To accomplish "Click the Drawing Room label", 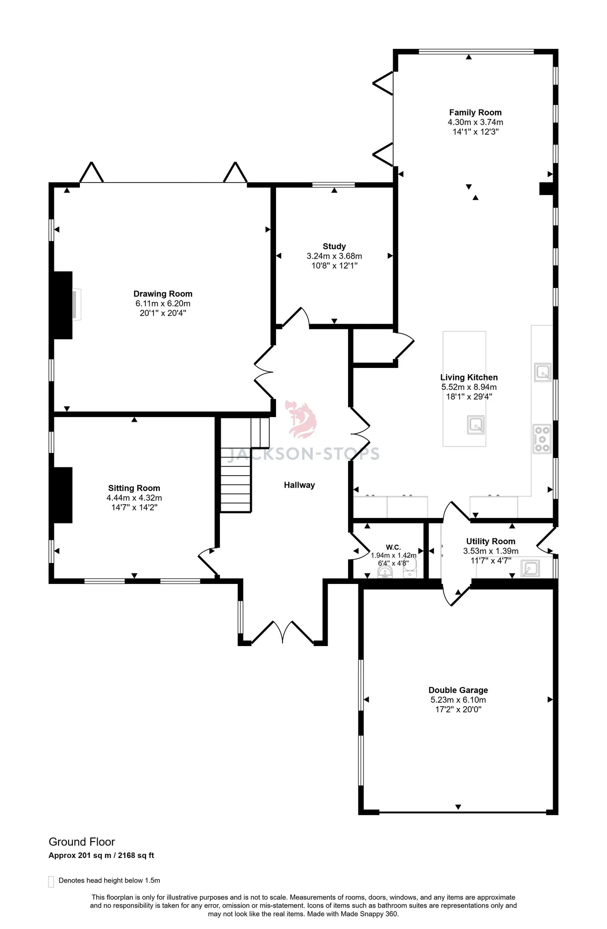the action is [163, 294].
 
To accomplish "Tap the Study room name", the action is [334, 246].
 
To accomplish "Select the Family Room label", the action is [475, 112].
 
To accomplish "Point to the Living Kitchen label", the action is [469, 377].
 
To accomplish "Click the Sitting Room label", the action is [134, 488].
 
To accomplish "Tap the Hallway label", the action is [299, 485].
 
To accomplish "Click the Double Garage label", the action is [458, 690].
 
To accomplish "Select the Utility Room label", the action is [491, 541].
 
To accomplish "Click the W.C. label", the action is [393, 547].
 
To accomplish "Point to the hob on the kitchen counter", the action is [542, 438].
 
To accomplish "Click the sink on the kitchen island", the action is [476, 425].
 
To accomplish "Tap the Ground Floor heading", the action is [82, 842].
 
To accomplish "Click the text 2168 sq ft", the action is [136, 855].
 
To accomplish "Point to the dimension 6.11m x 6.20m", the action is [163, 303].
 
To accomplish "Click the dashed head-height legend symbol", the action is [51, 882].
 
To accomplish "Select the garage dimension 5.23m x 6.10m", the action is [458, 700].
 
